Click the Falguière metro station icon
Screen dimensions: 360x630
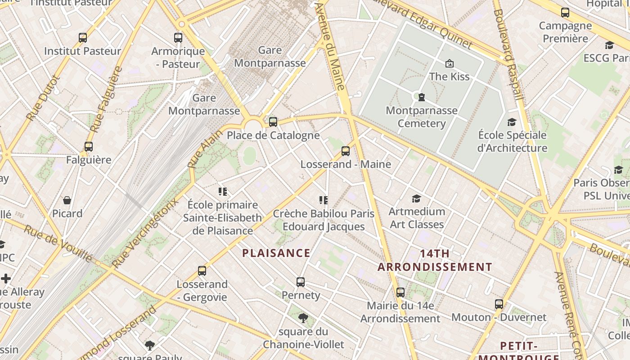click(89, 147)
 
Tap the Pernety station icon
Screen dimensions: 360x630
click(301, 282)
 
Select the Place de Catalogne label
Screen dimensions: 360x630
click(273, 135)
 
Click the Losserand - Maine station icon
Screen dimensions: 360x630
click(346, 151)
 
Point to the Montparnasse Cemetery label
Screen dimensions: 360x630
click(421, 117)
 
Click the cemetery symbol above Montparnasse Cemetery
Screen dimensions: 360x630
click(422, 97)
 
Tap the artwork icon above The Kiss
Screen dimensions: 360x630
click(449, 63)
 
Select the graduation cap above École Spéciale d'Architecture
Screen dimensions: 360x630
click(512, 122)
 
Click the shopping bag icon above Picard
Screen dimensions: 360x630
click(67, 200)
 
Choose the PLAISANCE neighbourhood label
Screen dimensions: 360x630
click(276, 253)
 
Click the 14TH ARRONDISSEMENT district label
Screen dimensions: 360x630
click(435, 260)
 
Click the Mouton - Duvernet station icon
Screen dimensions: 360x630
click(499, 304)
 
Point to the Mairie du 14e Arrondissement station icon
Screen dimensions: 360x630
click(400, 292)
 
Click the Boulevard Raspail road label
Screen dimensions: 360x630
click(508, 54)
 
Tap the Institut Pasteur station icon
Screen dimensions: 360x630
click(83, 38)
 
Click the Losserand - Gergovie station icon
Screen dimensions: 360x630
click(202, 271)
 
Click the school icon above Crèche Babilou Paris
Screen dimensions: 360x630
click(323, 200)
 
